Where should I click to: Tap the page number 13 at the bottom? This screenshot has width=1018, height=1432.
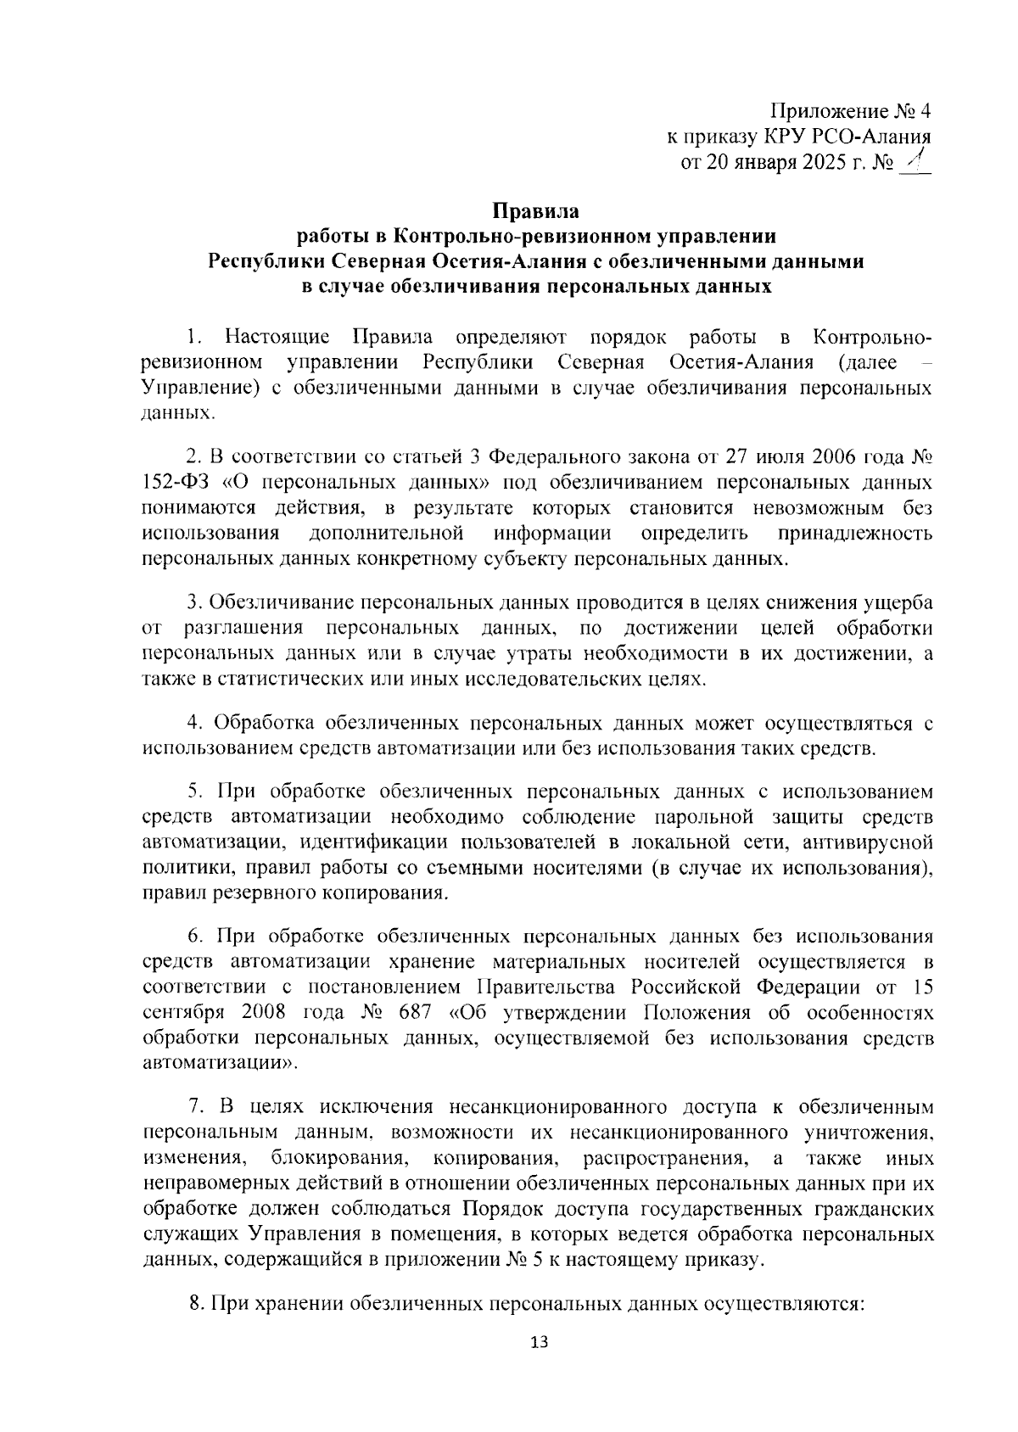coord(538,1366)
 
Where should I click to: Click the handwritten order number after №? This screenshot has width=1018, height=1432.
coord(915,160)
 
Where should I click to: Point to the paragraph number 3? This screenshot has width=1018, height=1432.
coord(193,603)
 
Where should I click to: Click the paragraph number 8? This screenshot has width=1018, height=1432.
coord(194,1303)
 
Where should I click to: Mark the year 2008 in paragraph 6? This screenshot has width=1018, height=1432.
coord(270,1013)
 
